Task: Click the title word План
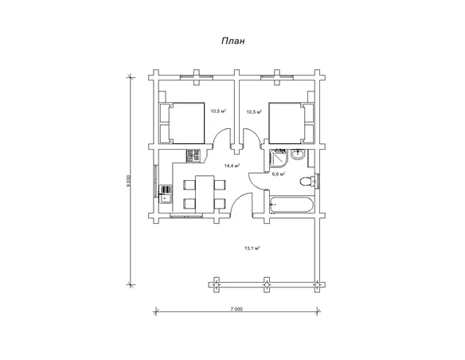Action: [233, 41]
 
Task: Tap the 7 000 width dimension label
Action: [236, 309]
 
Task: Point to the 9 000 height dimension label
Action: [128, 181]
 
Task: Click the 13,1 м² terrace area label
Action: [252, 248]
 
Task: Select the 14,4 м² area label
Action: [232, 166]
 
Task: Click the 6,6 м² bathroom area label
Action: [279, 174]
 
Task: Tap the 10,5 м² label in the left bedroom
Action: [218, 112]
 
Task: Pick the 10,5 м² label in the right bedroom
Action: [255, 112]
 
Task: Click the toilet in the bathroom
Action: [307, 181]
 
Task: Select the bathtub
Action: [291, 205]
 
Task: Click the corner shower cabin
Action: [278, 158]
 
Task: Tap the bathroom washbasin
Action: [298, 155]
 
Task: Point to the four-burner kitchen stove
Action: [193, 155]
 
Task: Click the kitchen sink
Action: [165, 194]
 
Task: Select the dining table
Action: [205, 194]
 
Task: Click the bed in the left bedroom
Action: [182, 123]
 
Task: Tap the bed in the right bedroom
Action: [291, 123]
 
